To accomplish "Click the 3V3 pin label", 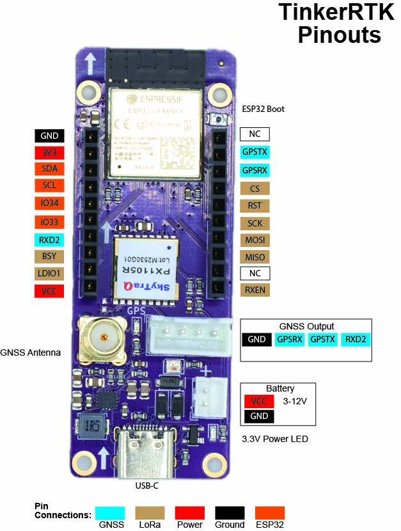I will click(49, 152).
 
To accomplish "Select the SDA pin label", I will click(49, 169).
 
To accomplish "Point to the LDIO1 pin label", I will click(49, 274).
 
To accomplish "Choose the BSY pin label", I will click(49, 257).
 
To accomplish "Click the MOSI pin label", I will click(255, 240).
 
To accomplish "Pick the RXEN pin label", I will click(255, 290).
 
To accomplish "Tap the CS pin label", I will click(255, 189).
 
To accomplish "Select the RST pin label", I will click(255, 206).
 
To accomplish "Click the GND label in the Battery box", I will click(259, 416).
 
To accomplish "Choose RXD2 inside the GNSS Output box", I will click(355, 339).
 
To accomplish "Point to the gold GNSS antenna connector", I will click(102, 337).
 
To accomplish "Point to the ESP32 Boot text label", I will click(263, 109).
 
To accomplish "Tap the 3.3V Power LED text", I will click(274, 439).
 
